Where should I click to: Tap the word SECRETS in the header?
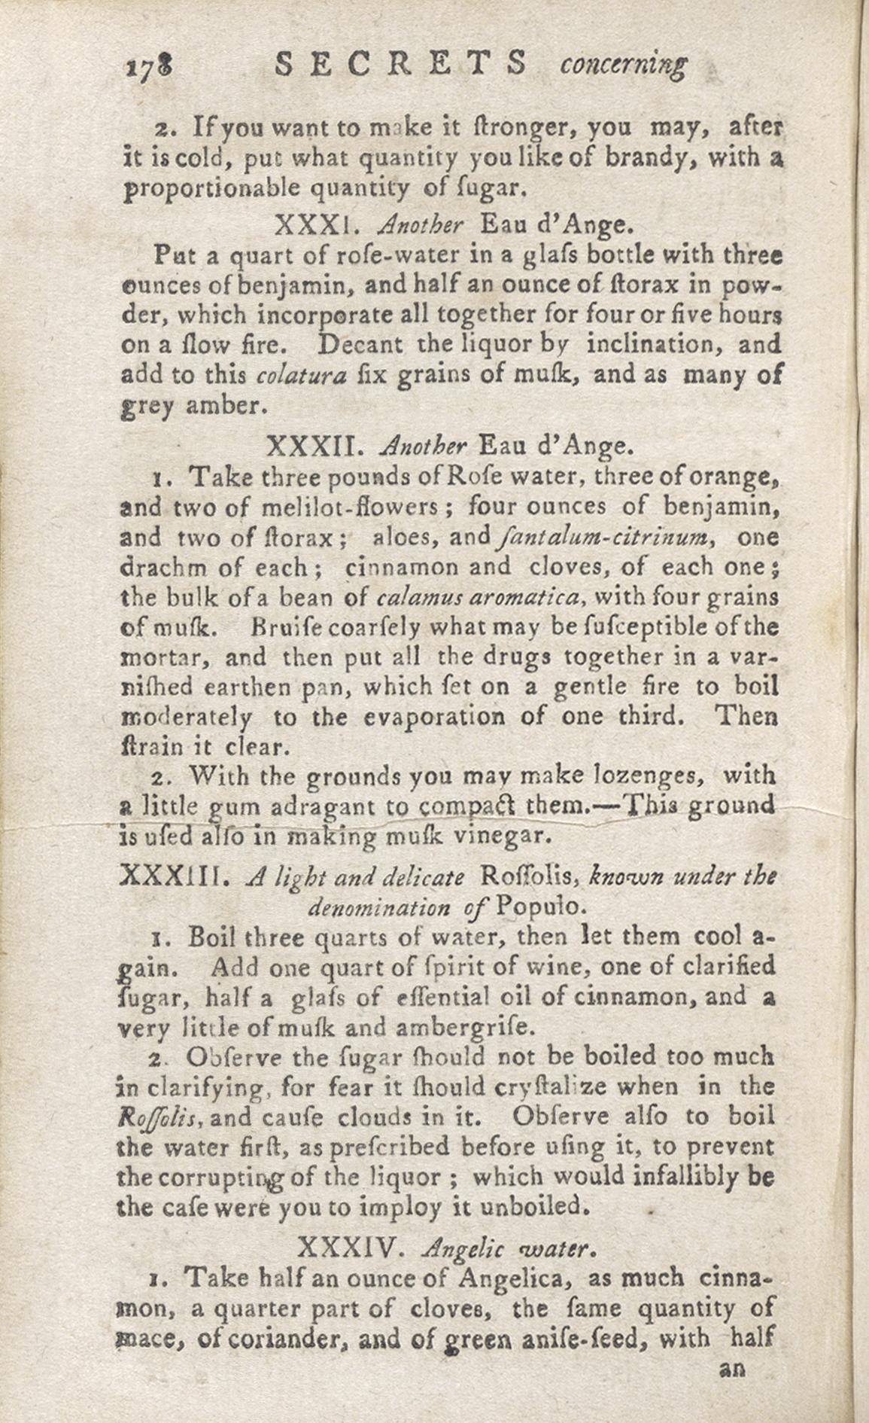401,64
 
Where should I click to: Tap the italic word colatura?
301,375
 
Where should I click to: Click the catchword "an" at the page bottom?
732,1370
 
